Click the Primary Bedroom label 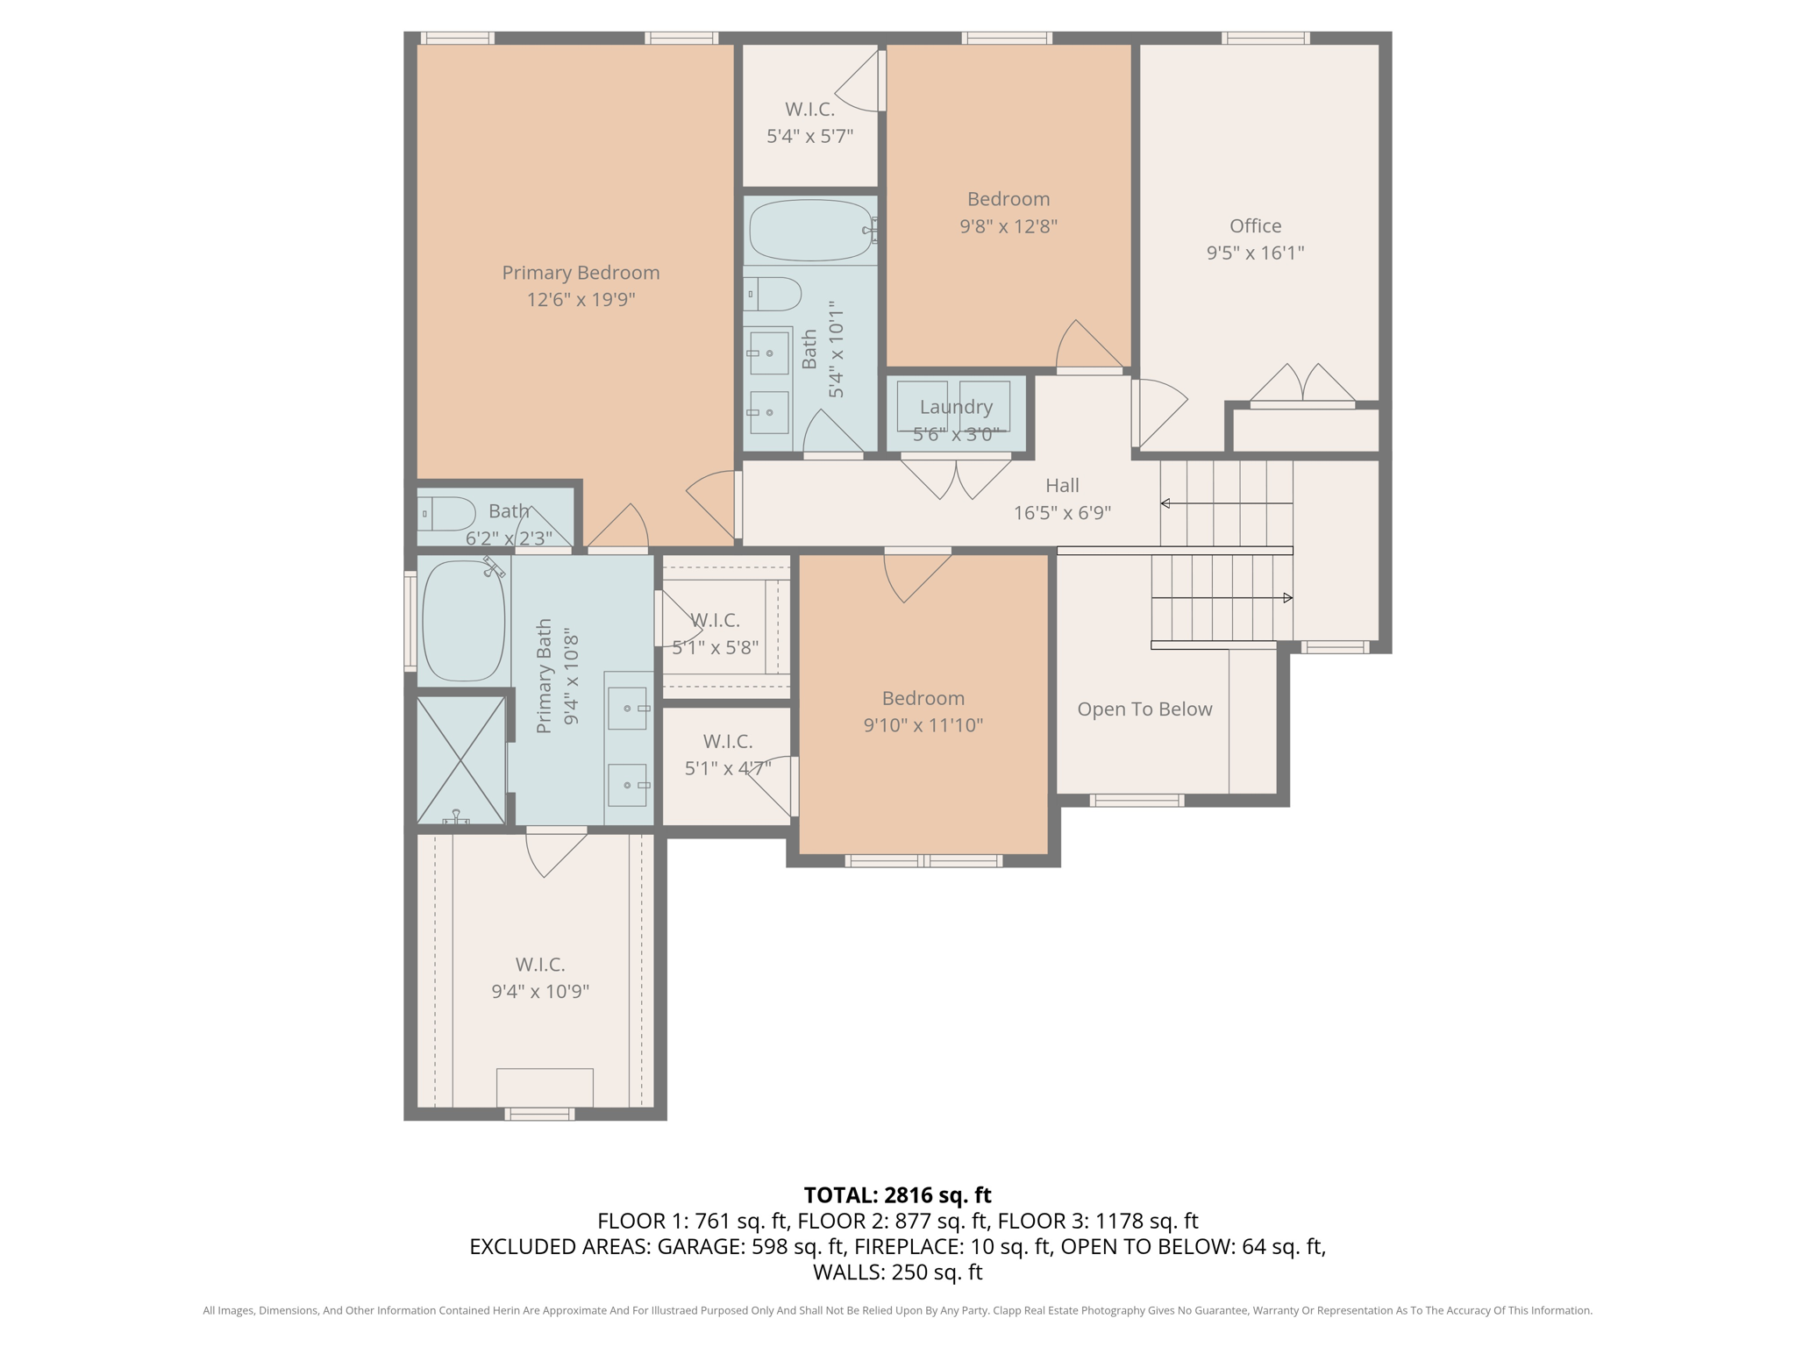click(x=581, y=273)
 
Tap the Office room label click(x=1255, y=225)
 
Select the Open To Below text click(x=1144, y=709)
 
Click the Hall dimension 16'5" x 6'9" click(x=1062, y=512)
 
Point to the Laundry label click(x=956, y=407)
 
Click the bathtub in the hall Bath click(x=811, y=230)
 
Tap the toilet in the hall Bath click(x=773, y=294)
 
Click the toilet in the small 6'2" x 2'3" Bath click(x=446, y=513)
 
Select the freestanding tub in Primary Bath click(x=464, y=621)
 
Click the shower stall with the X click(x=461, y=760)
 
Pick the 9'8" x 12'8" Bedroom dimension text click(x=1008, y=226)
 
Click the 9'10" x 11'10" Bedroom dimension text click(x=923, y=725)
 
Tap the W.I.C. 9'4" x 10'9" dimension click(x=540, y=992)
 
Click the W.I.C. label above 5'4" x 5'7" click(x=809, y=109)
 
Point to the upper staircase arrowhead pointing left click(x=1165, y=503)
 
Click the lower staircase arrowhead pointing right click(x=1288, y=598)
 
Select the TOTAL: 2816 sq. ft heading click(x=897, y=1195)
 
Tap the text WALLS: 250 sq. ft click(x=897, y=1272)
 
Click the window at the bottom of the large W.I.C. click(x=540, y=1114)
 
